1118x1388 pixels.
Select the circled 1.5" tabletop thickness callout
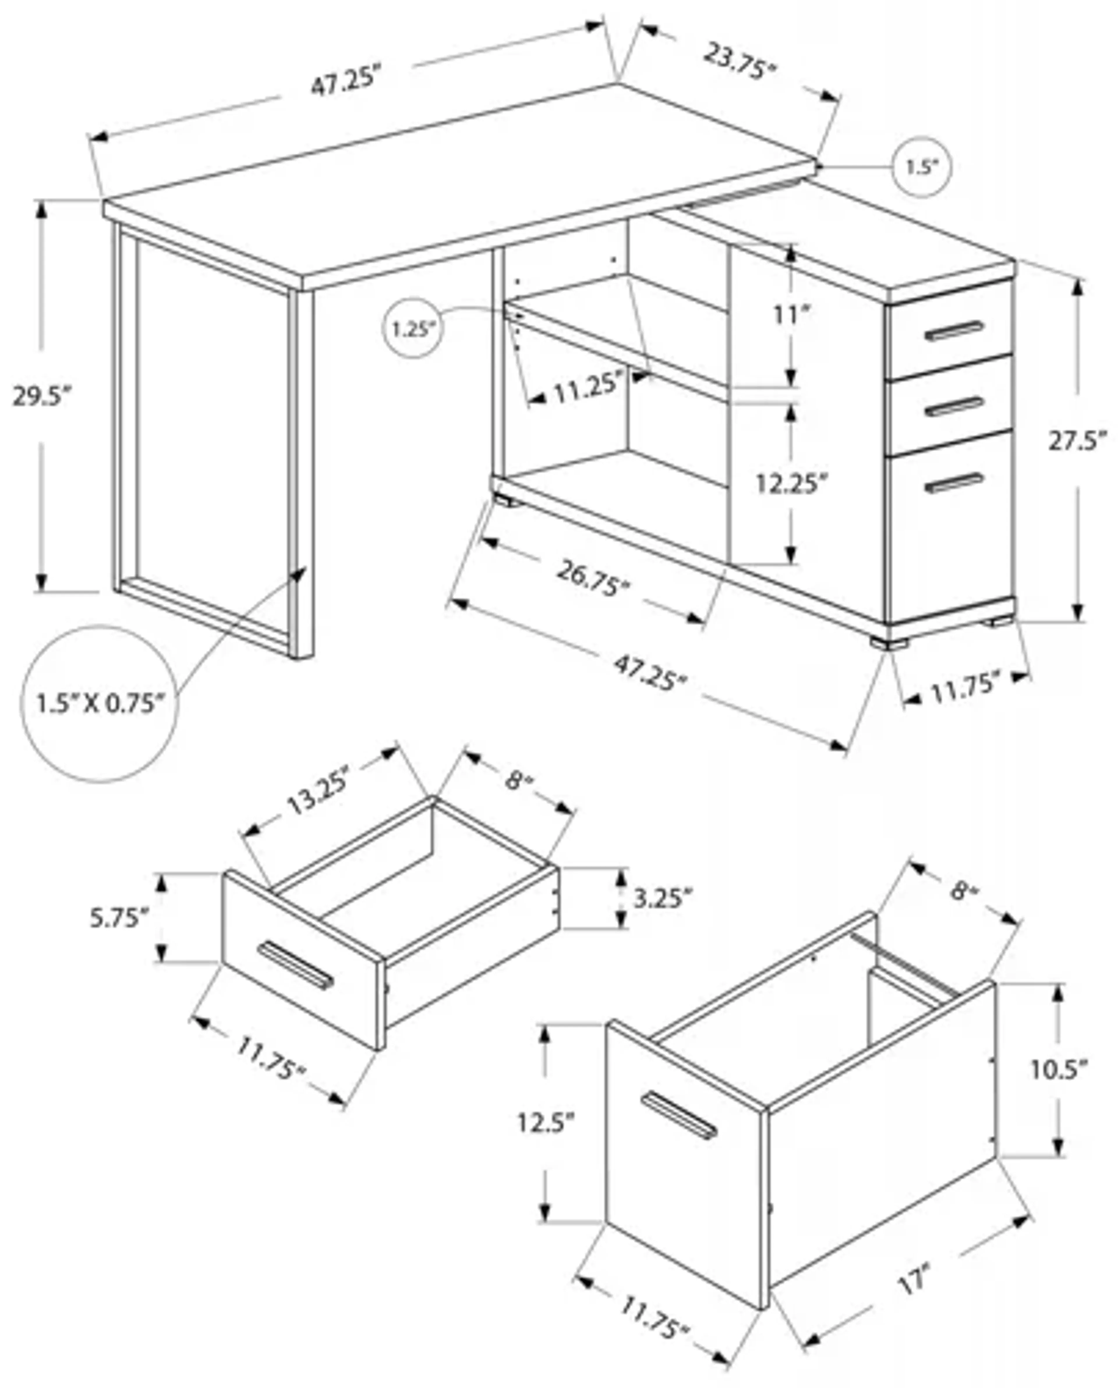(x=921, y=167)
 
